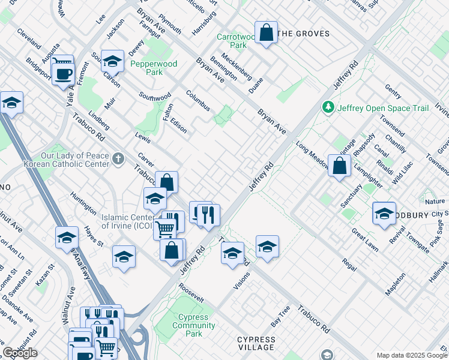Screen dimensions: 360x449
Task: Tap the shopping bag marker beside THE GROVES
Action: pos(266,33)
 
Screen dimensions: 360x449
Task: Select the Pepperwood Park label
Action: pos(146,67)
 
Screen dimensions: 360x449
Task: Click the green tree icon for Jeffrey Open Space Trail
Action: pos(328,107)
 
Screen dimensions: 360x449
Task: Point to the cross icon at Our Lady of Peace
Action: pos(119,158)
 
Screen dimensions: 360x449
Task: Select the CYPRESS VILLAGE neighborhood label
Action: pos(256,343)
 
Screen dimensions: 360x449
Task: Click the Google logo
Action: pos(20,353)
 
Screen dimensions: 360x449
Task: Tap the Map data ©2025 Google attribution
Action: pos(412,355)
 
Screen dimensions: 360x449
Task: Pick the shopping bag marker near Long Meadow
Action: pos(339,166)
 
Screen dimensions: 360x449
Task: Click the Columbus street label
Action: pos(197,101)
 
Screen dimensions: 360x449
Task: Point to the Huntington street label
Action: pos(83,203)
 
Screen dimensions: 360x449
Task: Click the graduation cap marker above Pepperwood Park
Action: pos(112,61)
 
